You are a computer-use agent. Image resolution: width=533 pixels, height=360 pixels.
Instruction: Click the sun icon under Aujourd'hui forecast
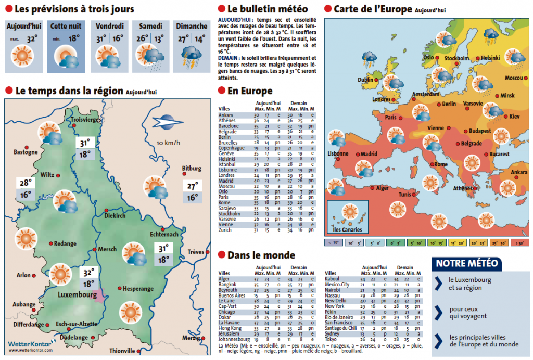pyautogui.click(x=22, y=55)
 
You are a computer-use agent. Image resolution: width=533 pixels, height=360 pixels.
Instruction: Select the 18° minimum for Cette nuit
pyautogui.click(x=74, y=38)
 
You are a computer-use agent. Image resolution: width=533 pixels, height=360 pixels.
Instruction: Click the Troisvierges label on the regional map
pyautogui.click(x=86, y=120)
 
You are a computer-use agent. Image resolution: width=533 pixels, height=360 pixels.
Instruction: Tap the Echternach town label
pyautogui.click(x=164, y=234)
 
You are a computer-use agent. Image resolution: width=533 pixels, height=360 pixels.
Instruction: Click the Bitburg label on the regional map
pyautogui.click(x=191, y=169)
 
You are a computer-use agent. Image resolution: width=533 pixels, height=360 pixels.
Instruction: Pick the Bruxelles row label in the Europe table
pyautogui.click(x=228, y=142)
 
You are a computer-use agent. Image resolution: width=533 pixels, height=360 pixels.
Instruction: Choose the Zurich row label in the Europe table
pyautogui.click(x=225, y=229)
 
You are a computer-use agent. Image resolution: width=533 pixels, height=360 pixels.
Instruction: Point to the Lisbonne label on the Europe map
pyautogui.click(x=338, y=154)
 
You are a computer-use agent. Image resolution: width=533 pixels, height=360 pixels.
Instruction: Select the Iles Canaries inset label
pyautogui.click(x=347, y=229)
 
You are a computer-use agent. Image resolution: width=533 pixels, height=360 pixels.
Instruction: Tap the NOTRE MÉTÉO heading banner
pyautogui.click(x=466, y=263)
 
